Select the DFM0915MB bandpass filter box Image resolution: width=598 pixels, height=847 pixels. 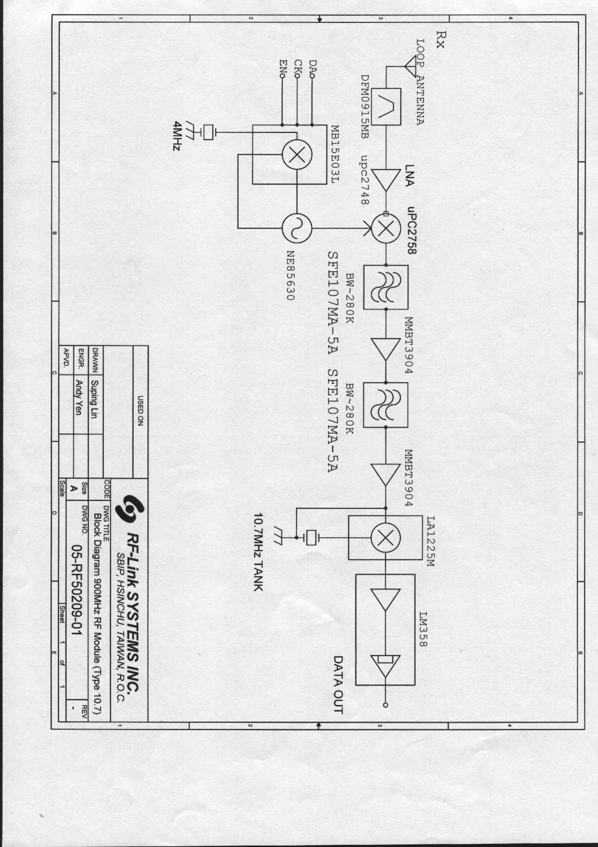click(386, 107)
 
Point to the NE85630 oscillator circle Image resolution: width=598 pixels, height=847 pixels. click(297, 229)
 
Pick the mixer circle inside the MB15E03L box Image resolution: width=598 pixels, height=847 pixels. click(297, 155)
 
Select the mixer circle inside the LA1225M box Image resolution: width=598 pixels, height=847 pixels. click(386, 538)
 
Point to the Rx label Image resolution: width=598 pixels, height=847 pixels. click(440, 39)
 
